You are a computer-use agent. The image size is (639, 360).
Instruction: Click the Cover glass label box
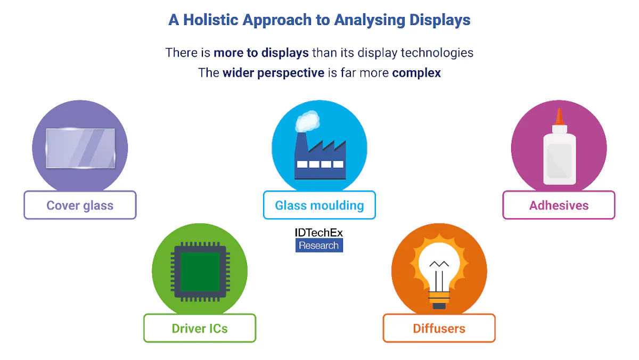click(x=80, y=206)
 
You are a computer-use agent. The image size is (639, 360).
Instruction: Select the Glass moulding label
click(x=319, y=206)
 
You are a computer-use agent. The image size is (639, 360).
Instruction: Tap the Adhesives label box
click(x=559, y=206)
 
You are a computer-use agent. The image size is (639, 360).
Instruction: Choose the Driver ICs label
click(x=200, y=328)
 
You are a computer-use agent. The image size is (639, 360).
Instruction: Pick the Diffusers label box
click(x=439, y=328)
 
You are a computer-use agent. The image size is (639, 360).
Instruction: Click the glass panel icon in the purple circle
click(x=80, y=148)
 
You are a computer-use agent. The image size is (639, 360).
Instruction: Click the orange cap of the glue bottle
click(x=559, y=118)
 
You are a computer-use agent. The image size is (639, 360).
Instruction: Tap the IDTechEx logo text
click(x=319, y=233)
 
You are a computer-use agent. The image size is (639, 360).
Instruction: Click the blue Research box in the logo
click(x=319, y=246)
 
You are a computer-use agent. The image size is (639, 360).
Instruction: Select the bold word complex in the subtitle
click(x=416, y=72)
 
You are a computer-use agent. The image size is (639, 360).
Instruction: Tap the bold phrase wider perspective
click(x=273, y=72)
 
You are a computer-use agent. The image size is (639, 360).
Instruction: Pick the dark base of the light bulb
click(x=439, y=305)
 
